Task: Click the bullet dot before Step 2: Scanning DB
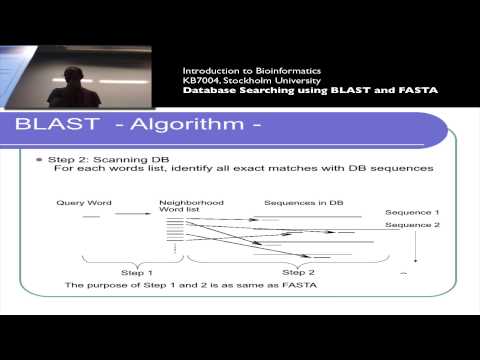(x=41, y=160)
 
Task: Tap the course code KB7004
(x=202, y=80)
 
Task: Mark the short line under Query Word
(x=92, y=216)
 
